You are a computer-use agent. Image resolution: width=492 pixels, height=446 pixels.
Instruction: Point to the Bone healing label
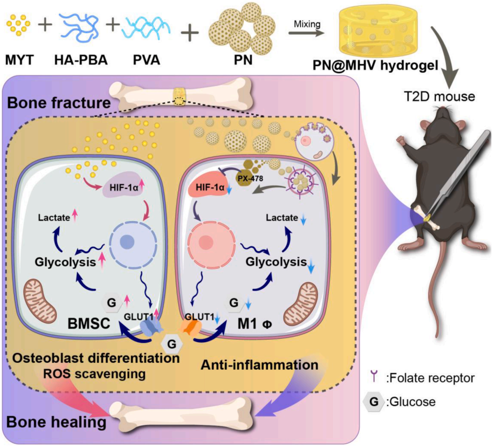56,422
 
